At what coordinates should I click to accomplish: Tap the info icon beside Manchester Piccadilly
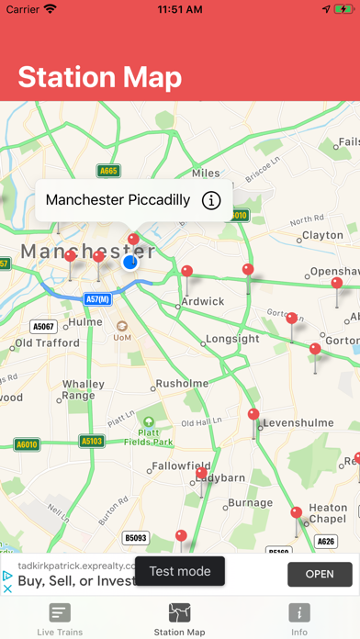211,200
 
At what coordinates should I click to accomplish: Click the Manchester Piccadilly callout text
118,200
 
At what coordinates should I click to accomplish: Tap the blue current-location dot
129,263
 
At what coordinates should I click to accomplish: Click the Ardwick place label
203,301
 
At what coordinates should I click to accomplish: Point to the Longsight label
232,339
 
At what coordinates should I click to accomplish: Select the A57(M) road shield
97,299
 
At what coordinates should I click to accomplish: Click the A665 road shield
108,171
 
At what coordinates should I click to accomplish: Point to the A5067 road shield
43,326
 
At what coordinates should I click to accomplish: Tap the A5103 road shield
92,441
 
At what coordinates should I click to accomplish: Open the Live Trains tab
60,619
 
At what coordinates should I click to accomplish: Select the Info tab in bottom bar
299,619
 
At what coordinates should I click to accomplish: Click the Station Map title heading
99,77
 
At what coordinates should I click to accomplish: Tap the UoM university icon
121,325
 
